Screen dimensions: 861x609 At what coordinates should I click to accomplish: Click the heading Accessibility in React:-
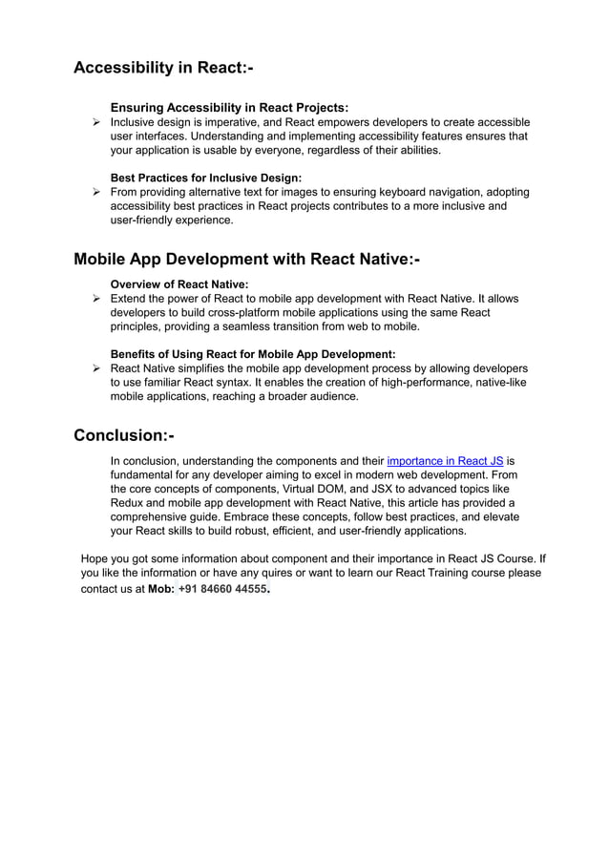[163, 69]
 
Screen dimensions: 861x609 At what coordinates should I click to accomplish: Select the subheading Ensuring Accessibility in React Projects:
[229, 108]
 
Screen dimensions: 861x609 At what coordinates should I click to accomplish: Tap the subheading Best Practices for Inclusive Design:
[206, 178]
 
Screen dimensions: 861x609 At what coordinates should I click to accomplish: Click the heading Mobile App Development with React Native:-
[246, 260]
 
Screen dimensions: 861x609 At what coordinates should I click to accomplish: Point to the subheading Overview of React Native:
[179, 284]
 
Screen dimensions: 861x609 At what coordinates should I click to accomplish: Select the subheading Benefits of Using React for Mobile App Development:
[253, 354]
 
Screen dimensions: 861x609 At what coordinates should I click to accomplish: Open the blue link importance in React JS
[445, 460]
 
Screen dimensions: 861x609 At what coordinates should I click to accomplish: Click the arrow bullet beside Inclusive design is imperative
[95, 123]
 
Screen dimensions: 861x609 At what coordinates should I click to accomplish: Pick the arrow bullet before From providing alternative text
[95, 193]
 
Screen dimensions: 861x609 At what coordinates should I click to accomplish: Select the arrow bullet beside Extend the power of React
[95, 300]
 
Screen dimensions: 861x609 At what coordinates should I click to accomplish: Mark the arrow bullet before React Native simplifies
[95, 369]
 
